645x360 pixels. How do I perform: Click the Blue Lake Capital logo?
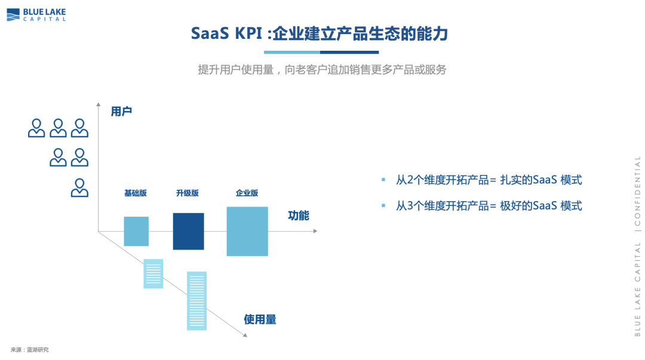click(x=36, y=15)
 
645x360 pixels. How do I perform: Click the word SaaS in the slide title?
click(x=210, y=33)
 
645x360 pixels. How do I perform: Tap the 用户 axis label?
click(x=121, y=112)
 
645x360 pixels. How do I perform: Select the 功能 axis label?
click(x=299, y=216)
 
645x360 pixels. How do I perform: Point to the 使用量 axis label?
click(x=260, y=319)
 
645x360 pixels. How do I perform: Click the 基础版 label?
click(x=136, y=193)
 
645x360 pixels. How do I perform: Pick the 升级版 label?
click(x=188, y=193)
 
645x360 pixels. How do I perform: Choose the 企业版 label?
click(x=247, y=193)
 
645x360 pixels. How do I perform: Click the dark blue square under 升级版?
click(x=188, y=231)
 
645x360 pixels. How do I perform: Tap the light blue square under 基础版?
click(x=136, y=231)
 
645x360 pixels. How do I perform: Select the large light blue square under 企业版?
click(x=247, y=231)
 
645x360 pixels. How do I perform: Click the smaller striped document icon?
click(x=153, y=273)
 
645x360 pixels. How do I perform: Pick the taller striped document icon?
click(x=196, y=301)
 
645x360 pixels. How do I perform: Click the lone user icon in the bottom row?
click(x=79, y=188)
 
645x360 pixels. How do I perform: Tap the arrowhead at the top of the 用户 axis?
click(x=99, y=104)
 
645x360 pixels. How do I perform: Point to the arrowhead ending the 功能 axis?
click(x=315, y=231)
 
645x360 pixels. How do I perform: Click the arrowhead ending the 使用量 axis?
click(x=245, y=336)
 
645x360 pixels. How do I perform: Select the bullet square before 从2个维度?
click(x=383, y=179)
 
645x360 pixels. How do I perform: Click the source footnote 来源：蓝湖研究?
click(x=30, y=350)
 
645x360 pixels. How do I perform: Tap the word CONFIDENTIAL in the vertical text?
click(x=637, y=191)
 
